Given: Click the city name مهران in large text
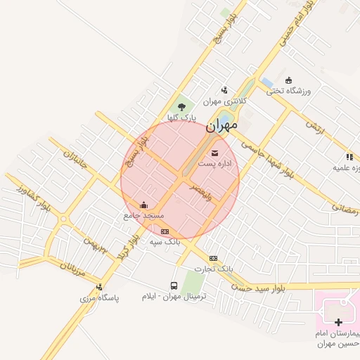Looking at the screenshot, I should pyautogui.click(x=223, y=129).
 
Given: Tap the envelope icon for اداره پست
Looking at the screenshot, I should pyautogui.click(x=214, y=153).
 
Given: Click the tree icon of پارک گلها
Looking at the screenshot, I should pyautogui.click(x=182, y=107).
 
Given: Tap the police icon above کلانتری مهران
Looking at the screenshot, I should pyautogui.click(x=224, y=90).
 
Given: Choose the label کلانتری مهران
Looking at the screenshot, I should pyautogui.click(x=231, y=101).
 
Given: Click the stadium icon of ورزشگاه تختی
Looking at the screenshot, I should pyautogui.click(x=289, y=79).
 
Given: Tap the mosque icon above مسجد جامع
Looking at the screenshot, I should pyautogui.click(x=144, y=205).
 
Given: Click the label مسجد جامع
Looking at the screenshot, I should pyautogui.click(x=143, y=215).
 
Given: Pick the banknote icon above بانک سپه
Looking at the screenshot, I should pyautogui.click(x=165, y=231).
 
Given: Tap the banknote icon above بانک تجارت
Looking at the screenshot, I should pyautogui.click(x=213, y=258).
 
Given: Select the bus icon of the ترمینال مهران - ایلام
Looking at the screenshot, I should pyautogui.click(x=174, y=285).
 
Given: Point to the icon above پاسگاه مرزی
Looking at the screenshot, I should pyautogui.click(x=99, y=287).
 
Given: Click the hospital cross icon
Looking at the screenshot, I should pyautogui.click(x=338, y=321).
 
